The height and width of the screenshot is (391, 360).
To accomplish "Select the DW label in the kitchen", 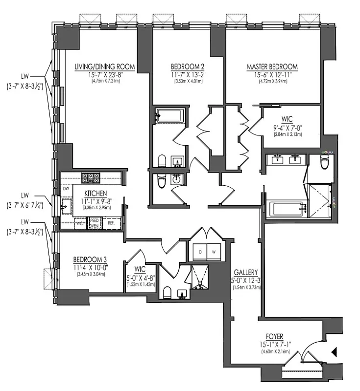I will (x=66, y=188).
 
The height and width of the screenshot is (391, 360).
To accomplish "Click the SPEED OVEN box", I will (x=93, y=223).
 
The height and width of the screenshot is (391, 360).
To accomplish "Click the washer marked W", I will (x=215, y=252).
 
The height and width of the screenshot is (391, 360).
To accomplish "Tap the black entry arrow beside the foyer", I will (x=335, y=351).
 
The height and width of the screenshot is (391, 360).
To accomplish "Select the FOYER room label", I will (x=271, y=337).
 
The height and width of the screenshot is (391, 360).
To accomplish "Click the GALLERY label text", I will (x=246, y=273).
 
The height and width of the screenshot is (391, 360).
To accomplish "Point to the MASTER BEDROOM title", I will (x=271, y=67).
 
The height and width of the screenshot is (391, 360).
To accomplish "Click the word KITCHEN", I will (x=96, y=194).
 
